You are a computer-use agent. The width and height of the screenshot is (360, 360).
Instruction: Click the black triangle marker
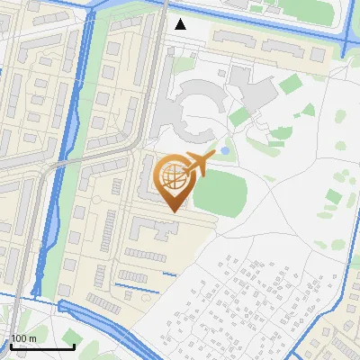point(181,24)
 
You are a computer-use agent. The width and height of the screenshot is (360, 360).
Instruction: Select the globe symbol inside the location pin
point(173,175)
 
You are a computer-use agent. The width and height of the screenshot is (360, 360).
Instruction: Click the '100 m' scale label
point(23,338)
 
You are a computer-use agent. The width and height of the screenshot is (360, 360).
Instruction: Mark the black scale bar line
point(42,346)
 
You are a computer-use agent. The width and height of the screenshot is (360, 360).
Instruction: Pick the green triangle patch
point(308,111)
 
